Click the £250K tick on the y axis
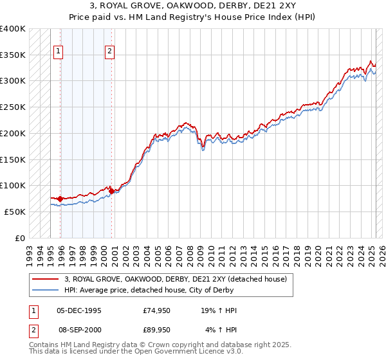(13, 107)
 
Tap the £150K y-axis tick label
(13, 159)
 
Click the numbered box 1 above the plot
(59, 52)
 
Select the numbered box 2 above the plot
(110, 52)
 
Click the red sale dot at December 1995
(60, 199)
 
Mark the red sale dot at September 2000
(111, 191)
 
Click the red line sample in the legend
(46, 278)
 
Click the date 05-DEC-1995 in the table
(79, 310)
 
